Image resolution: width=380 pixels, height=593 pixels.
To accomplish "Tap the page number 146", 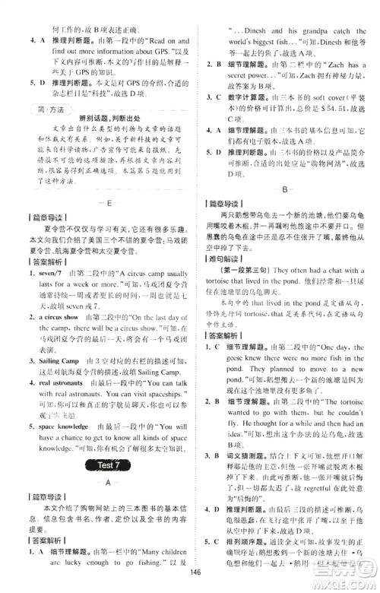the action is pyautogui.click(x=195, y=572).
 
